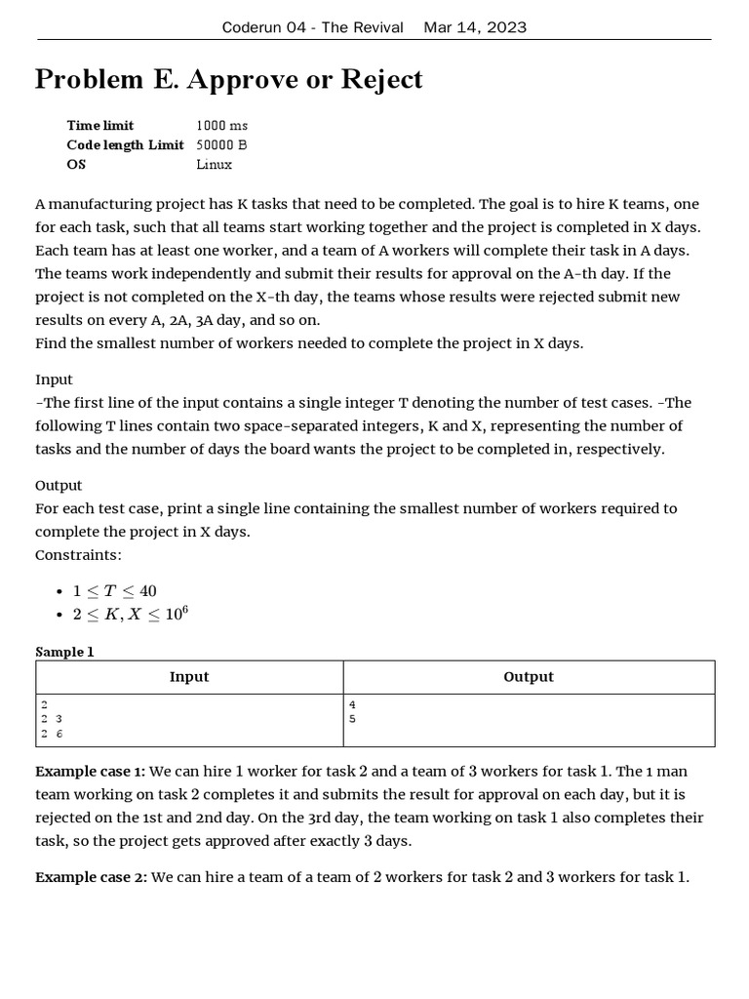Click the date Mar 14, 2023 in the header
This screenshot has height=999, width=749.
pyautogui.click(x=475, y=27)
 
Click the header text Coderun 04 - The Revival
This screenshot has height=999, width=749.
pyautogui.click(x=312, y=27)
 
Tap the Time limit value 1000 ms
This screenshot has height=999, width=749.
pyautogui.click(x=221, y=126)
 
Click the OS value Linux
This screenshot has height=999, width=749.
pyautogui.click(x=214, y=165)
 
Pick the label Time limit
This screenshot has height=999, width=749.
pyautogui.click(x=100, y=126)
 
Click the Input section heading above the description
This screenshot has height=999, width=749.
pyautogui.click(x=54, y=380)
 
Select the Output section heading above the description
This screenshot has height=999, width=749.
pyautogui.click(x=59, y=485)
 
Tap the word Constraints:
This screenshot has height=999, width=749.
pyautogui.click(x=79, y=555)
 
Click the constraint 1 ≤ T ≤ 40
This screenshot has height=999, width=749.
pyautogui.click(x=114, y=591)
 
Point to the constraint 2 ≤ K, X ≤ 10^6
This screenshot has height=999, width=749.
pyautogui.click(x=129, y=615)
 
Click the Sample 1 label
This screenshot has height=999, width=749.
pyautogui.click(x=64, y=652)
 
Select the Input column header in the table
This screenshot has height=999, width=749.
pyautogui.click(x=189, y=677)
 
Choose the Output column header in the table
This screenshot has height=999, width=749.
pyautogui.click(x=529, y=677)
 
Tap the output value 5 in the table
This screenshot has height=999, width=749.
pyautogui.click(x=352, y=718)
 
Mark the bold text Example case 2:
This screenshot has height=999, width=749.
pyautogui.click(x=91, y=877)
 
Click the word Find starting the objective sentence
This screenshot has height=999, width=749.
pyautogui.click(x=51, y=343)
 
